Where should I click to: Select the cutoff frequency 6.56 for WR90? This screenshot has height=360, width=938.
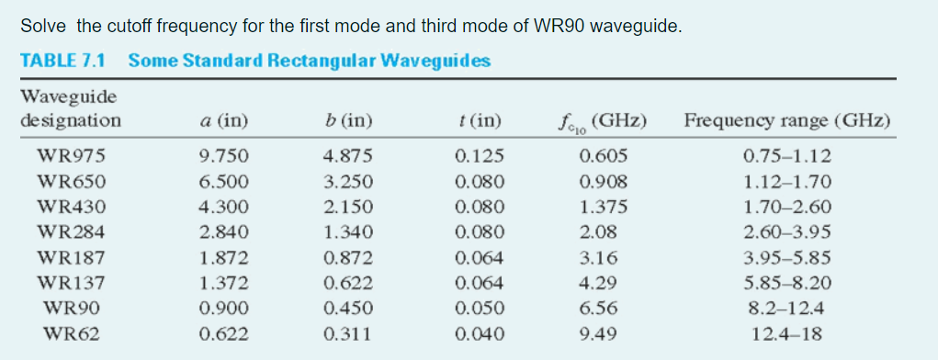599,309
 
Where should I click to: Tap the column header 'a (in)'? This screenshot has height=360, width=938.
223,120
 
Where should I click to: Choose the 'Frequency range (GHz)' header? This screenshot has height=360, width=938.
786,120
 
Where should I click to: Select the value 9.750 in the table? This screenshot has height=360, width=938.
223,155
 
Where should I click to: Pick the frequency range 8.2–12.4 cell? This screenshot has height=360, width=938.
786,309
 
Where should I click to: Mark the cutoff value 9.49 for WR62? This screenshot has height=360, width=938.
599,334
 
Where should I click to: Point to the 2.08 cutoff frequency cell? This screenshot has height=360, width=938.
599,231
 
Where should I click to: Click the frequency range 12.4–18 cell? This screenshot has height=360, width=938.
786,334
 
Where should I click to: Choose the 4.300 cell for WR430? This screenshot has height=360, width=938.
223,206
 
